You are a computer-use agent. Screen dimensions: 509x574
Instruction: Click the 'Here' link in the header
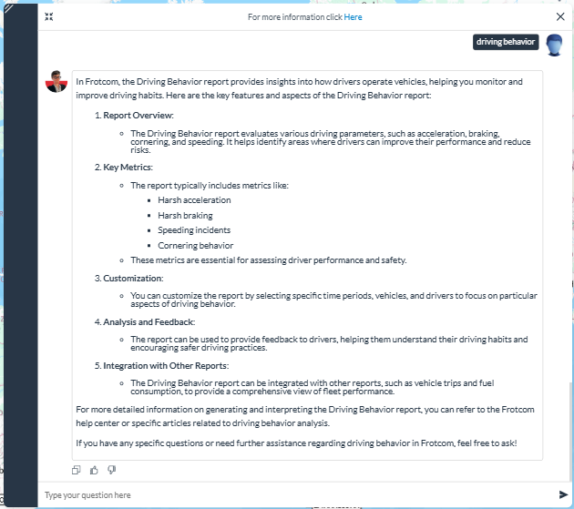click(353, 16)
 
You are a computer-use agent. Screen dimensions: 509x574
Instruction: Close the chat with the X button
click(560, 16)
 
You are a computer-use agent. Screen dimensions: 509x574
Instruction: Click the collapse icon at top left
click(49, 16)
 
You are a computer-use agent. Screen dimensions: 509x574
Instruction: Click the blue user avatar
click(553, 45)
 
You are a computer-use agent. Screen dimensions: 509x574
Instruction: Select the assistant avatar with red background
click(56, 81)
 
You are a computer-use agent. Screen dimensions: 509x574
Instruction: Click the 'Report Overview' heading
click(138, 116)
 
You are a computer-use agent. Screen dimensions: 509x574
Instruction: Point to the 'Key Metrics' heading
click(128, 168)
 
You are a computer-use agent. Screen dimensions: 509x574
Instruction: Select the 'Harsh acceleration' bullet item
click(194, 200)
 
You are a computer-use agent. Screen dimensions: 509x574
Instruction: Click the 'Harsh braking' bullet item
click(185, 216)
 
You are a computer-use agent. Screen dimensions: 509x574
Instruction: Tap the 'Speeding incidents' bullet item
click(195, 230)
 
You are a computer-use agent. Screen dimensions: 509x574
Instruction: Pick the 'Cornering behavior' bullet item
click(195, 246)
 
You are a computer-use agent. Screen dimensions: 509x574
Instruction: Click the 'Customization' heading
click(133, 279)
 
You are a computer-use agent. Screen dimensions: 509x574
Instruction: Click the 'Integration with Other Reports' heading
click(165, 366)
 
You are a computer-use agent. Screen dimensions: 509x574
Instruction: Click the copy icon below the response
click(77, 470)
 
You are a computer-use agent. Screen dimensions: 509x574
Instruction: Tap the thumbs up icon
click(94, 470)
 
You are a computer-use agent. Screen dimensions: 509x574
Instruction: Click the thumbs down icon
click(111, 470)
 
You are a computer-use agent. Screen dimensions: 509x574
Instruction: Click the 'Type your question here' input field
click(292, 495)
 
